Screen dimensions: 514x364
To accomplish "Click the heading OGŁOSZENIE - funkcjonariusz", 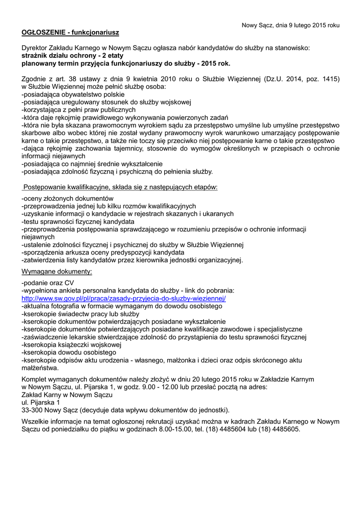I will pos(70,33).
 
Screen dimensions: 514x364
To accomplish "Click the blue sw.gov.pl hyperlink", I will pos(124,298).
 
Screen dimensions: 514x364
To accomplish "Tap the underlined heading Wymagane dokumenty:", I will pos(57,272).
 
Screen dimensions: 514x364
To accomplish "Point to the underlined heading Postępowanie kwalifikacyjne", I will pos(120,187).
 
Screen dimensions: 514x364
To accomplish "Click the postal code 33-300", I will pos(32,410).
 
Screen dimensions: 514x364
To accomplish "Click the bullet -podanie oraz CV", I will pos(47,283).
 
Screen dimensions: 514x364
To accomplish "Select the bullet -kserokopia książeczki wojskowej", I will pos(71,345).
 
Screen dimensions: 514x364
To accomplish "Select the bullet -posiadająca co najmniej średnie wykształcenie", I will pos(92,164).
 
